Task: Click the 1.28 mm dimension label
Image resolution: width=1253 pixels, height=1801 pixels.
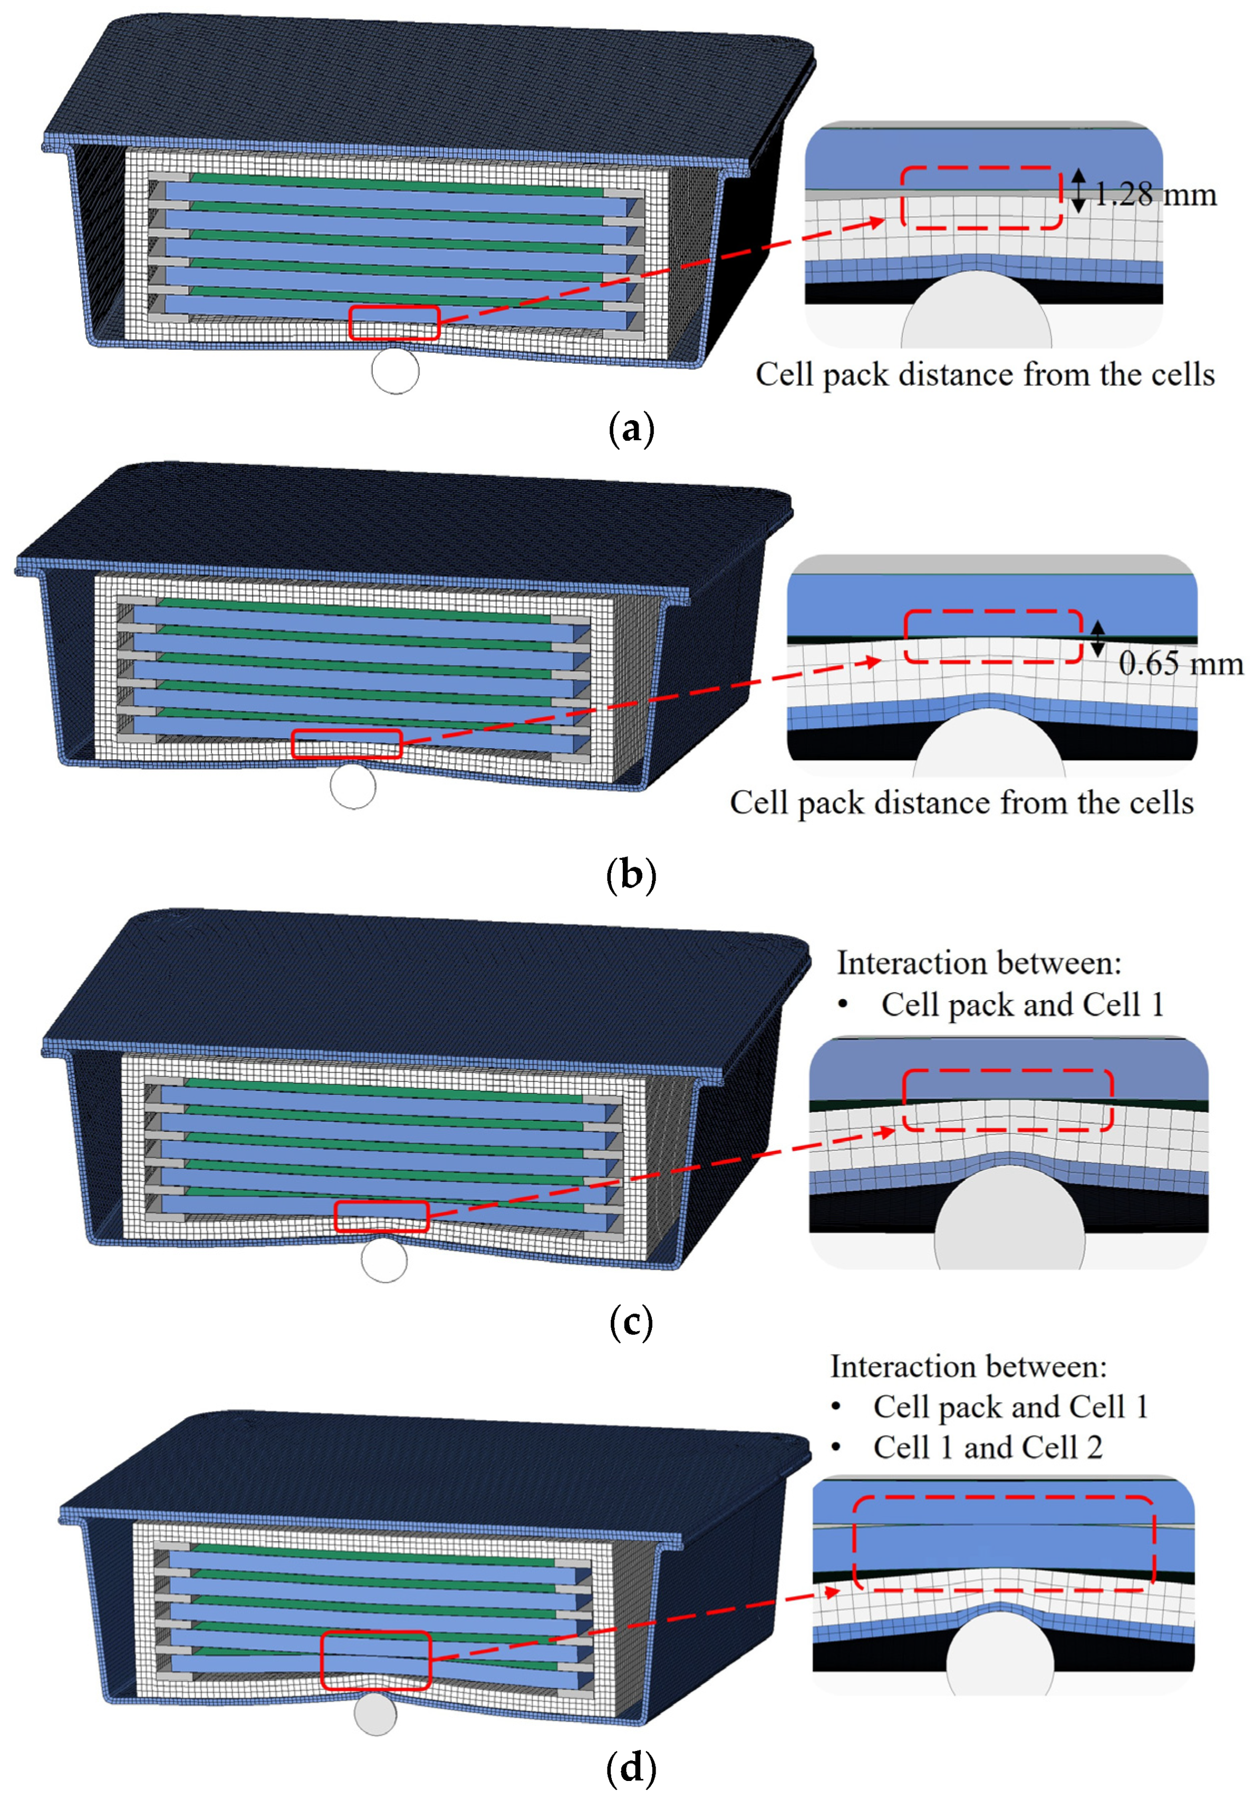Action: [1154, 195]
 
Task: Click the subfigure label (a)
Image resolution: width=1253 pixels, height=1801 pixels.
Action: [630, 430]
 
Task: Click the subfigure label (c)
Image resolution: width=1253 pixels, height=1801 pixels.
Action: [630, 1322]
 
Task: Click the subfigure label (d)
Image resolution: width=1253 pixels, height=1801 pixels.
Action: [630, 1768]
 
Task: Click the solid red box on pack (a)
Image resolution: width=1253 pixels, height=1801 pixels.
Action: [394, 322]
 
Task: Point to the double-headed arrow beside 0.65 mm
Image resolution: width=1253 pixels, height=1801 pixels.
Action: [1097, 638]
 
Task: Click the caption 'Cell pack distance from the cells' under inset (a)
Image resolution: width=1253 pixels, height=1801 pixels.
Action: [984, 375]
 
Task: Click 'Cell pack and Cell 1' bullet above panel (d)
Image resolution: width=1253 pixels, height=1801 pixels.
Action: [1010, 1407]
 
